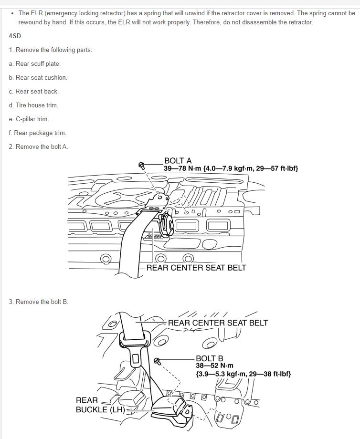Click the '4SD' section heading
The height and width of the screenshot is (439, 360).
pyautogui.click(x=15, y=36)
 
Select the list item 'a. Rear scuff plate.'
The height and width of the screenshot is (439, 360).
pyautogui.click(x=34, y=63)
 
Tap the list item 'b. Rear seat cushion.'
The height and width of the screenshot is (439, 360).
pyautogui.click(x=38, y=77)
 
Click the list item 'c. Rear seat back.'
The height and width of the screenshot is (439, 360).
pyautogui.click(x=33, y=91)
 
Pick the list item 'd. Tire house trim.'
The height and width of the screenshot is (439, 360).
pyautogui.click(x=33, y=105)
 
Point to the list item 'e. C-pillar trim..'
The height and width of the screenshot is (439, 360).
pyautogui.click(x=30, y=119)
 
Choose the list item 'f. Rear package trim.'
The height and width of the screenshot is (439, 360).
pyautogui.click(x=37, y=133)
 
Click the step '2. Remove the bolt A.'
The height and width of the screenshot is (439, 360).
pyautogui.click(x=38, y=146)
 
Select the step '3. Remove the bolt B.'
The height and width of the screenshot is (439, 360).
pyautogui.click(x=38, y=302)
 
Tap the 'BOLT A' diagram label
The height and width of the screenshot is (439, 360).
pyautogui.click(x=178, y=161)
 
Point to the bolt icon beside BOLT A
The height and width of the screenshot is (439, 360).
pyautogui.click(x=141, y=165)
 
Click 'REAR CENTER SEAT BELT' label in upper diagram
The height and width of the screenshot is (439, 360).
pyautogui.click(x=196, y=268)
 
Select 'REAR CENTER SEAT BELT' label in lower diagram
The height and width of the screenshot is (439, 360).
pyautogui.click(x=218, y=323)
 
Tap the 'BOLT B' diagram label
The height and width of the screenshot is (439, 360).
pyautogui.click(x=209, y=358)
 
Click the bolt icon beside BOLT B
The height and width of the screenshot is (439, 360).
pyautogui.click(x=157, y=361)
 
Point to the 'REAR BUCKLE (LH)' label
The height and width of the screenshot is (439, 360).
pyautogui.click(x=100, y=405)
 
